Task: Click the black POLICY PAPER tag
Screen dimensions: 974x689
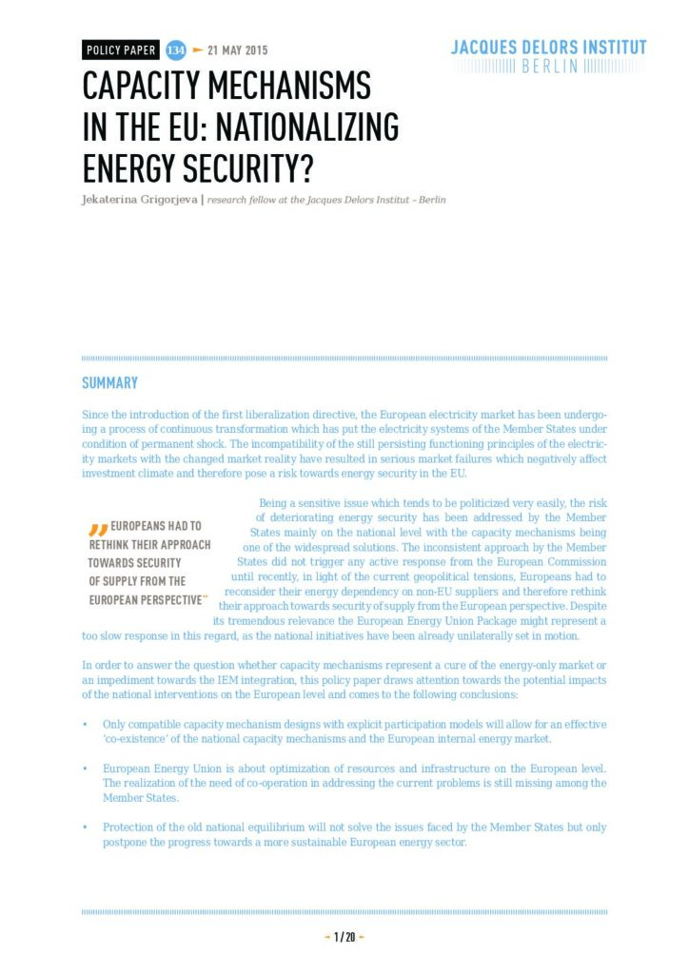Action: (x=120, y=50)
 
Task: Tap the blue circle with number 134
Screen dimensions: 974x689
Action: (x=175, y=50)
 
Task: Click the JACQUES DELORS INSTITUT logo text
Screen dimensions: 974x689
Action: (x=548, y=47)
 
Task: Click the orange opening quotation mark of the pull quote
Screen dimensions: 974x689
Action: (x=97, y=529)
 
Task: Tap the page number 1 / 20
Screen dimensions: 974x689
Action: (x=344, y=937)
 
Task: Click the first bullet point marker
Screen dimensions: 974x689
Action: (x=86, y=726)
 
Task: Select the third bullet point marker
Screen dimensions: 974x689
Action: (x=86, y=828)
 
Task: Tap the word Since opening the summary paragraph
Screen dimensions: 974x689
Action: (x=95, y=417)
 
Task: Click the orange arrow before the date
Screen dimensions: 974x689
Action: (x=198, y=50)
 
